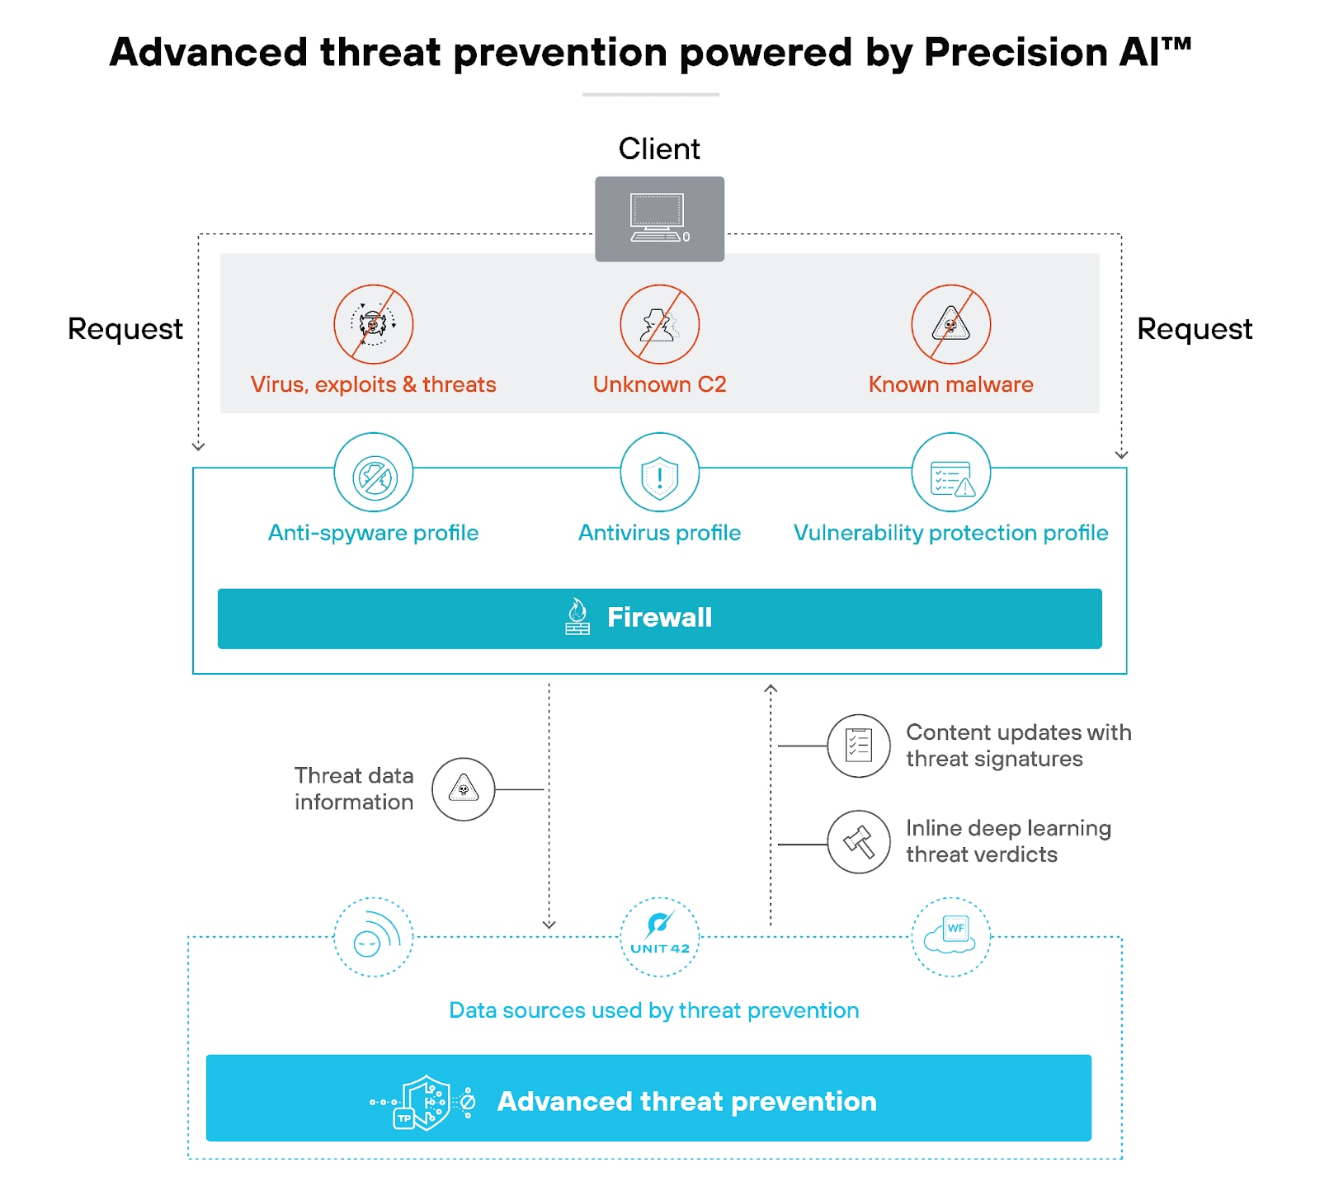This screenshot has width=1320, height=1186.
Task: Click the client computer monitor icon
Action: click(x=659, y=219)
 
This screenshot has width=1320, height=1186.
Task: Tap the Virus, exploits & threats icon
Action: click(x=373, y=324)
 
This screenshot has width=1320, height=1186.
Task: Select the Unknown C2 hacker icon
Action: click(x=659, y=324)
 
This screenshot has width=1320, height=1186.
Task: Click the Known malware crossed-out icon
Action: click(x=950, y=324)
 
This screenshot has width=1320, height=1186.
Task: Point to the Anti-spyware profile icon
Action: click(x=374, y=476)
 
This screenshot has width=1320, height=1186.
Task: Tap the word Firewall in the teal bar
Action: click(x=659, y=617)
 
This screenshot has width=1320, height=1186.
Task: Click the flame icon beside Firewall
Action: click(x=577, y=616)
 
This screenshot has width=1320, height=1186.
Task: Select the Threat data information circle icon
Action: click(x=464, y=789)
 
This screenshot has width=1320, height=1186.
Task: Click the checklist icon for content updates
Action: click(x=859, y=746)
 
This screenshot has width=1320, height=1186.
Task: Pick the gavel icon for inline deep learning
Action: click(x=859, y=841)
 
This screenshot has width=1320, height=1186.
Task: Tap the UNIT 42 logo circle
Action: click(x=659, y=937)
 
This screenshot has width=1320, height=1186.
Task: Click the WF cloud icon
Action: click(x=950, y=937)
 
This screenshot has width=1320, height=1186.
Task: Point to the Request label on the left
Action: click(x=125, y=329)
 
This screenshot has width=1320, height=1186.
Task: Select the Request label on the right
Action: click(x=1194, y=329)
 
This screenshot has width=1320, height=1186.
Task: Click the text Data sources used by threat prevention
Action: click(x=653, y=1010)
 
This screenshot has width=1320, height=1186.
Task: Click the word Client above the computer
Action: click(x=659, y=149)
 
